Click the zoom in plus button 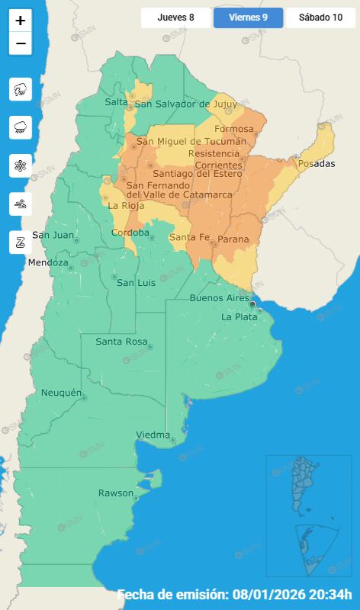point(21,21)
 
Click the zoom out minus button point(21,44)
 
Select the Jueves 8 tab point(175,17)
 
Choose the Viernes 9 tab point(248,17)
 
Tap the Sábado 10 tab point(320,17)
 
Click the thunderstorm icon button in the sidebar point(21,89)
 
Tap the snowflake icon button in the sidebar point(21,165)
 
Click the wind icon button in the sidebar point(21,204)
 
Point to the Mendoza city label point(47,263)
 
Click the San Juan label point(53,235)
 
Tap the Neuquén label point(60,392)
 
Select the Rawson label point(115,493)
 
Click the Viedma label point(153,435)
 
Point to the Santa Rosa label point(121,342)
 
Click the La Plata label point(239,316)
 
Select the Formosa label point(233,129)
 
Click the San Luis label point(136,283)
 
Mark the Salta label point(116,102)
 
